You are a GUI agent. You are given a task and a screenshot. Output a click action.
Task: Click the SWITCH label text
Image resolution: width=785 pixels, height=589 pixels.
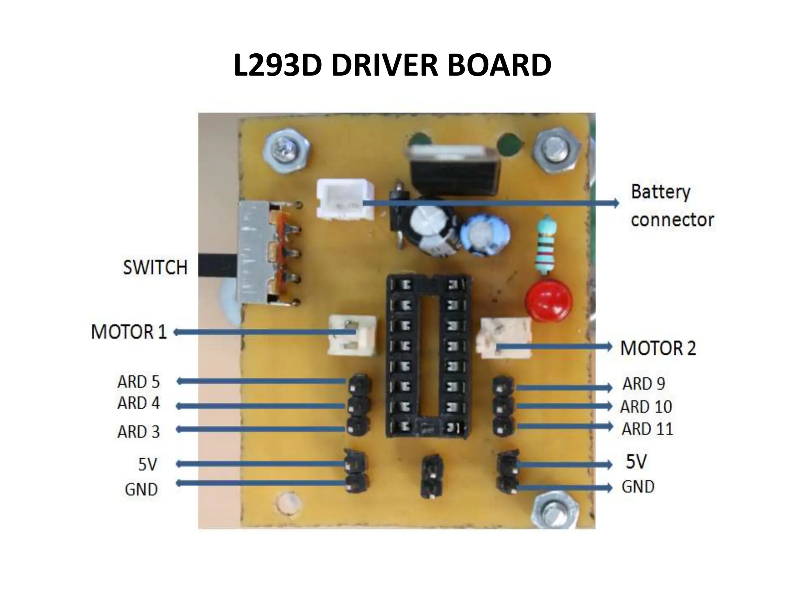pyautogui.click(x=155, y=268)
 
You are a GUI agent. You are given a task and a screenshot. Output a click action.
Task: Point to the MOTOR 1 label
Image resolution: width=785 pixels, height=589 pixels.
pyautogui.click(x=129, y=332)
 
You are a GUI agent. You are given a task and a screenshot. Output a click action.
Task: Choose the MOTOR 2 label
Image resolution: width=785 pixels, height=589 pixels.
pyautogui.click(x=658, y=348)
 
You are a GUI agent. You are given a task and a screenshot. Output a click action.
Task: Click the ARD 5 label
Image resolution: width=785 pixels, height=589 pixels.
pyautogui.click(x=138, y=382)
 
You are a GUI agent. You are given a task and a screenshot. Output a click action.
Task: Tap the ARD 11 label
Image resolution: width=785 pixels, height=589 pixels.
pyautogui.click(x=647, y=429)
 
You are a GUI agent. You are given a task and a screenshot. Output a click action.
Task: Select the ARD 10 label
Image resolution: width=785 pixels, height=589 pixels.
pyautogui.click(x=646, y=407)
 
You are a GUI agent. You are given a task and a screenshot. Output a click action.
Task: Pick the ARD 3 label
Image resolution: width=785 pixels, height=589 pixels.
pyautogui.click(x=138, y=432)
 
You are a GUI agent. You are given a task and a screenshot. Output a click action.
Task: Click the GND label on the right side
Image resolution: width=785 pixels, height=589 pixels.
pyautogui.click(x=638, y=487)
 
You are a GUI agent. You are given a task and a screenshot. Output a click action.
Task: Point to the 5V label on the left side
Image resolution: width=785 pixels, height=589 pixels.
pyautogui.click(x=148, y=465)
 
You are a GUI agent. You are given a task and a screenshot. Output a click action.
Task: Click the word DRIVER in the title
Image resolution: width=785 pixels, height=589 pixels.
pyautogui.click(x=384, y=65)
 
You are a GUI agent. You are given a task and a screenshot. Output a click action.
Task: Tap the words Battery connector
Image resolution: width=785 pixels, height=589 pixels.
pyautogui.click(x=672, y=206)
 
